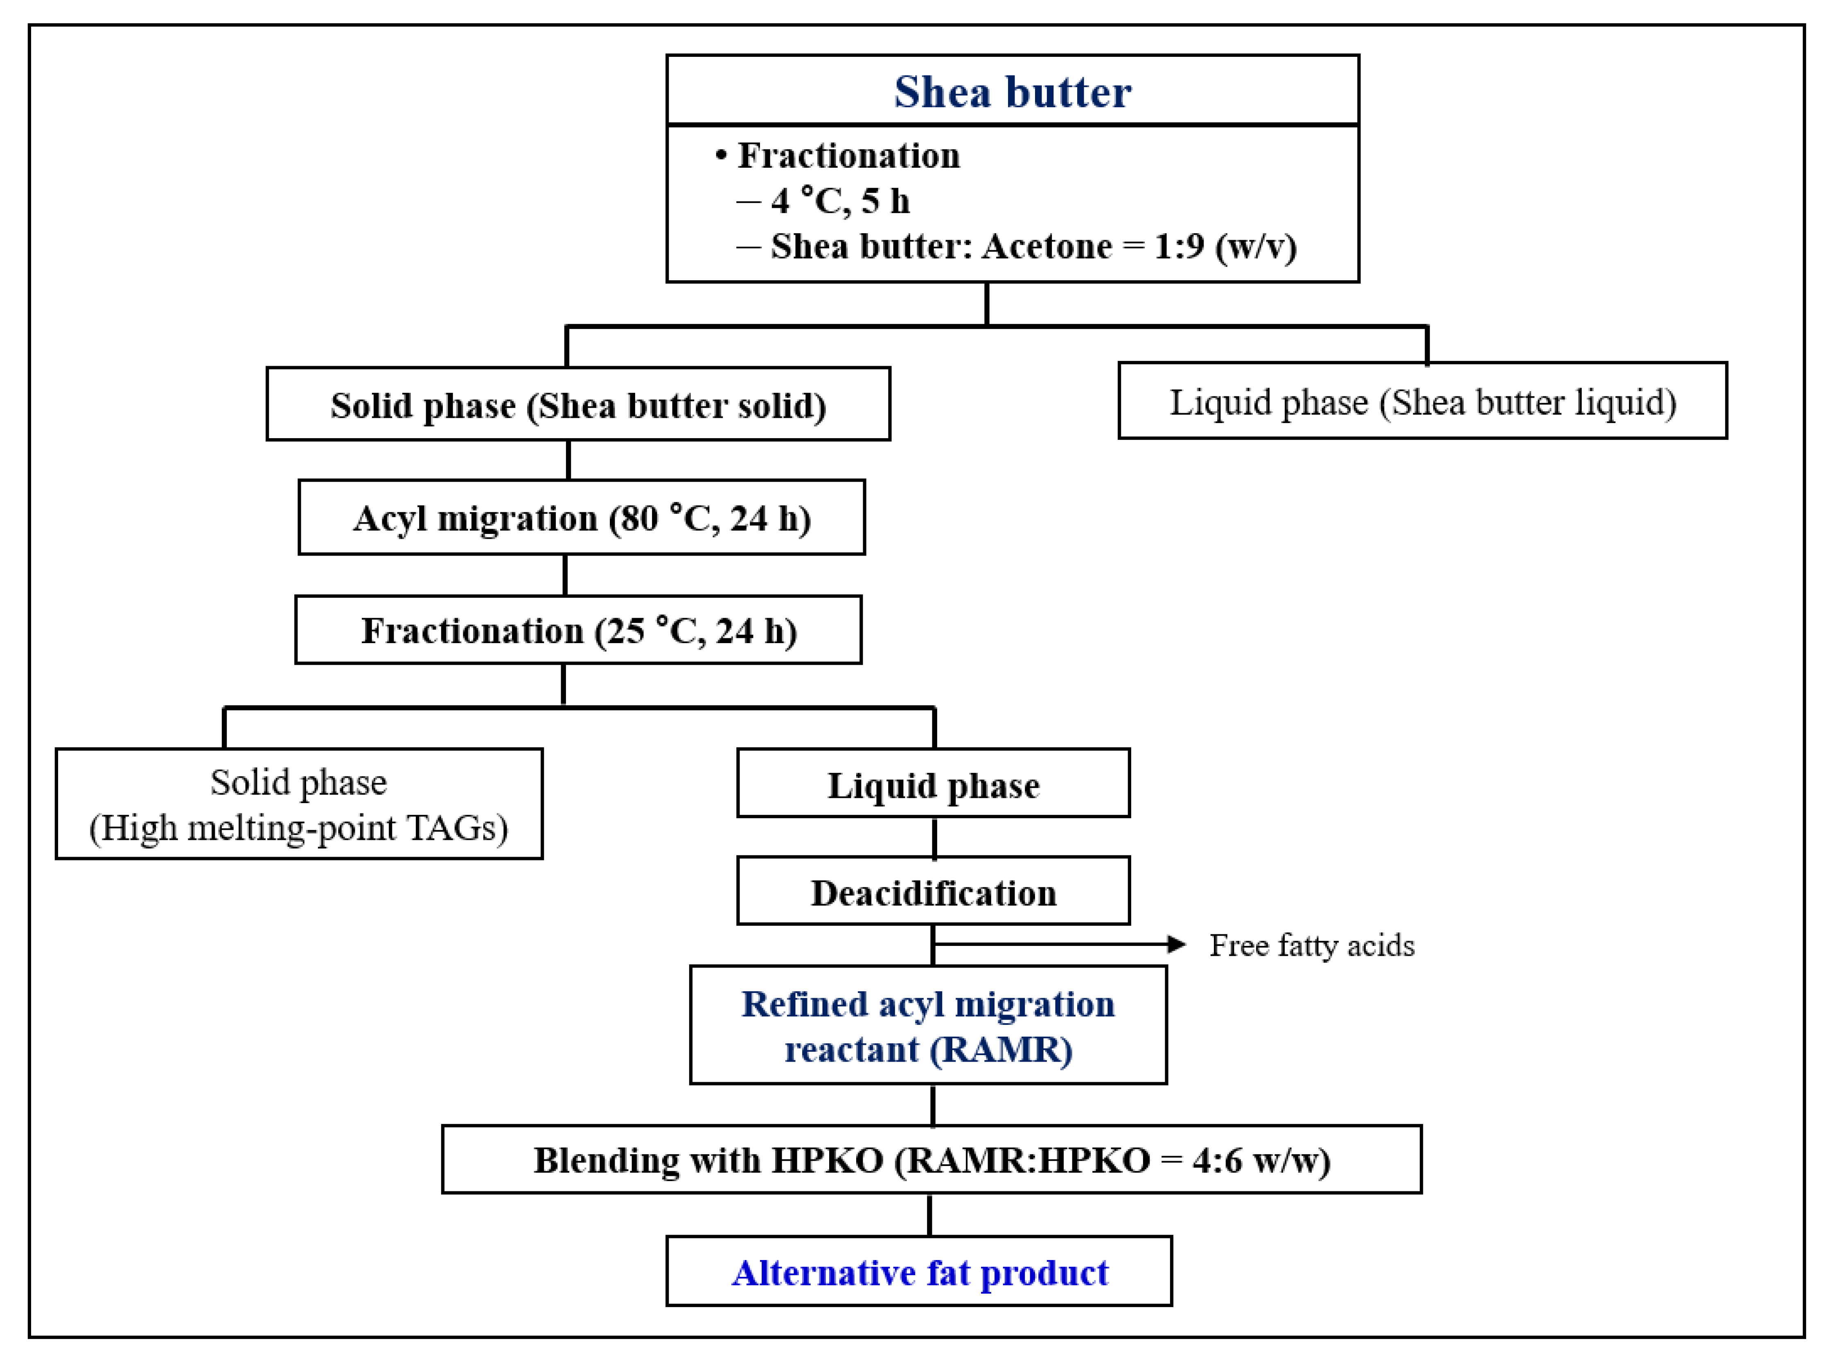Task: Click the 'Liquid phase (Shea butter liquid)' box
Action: [x=1422, y=401]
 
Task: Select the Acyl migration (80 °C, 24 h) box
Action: [x=581, y=518]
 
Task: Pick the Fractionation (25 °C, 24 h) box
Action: [x=578, y=631]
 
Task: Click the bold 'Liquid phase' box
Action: [x=933, y=784]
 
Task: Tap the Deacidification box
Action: [x=933, y=893]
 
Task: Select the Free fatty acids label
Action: [x=1311, y=945]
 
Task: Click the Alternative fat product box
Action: [x=919, y=1272]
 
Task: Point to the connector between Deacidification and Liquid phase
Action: [x=934, y=837]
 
